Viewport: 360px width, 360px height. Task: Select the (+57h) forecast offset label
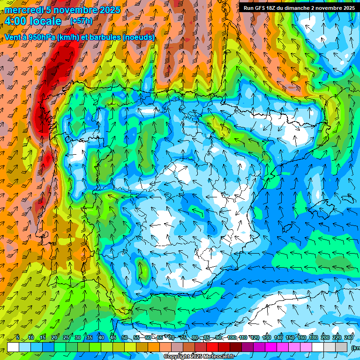tap(81, 21)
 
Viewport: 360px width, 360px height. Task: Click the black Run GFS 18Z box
tap(299, 8)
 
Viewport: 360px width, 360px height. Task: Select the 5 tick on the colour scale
tap(18, 337)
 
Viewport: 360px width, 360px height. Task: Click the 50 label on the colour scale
tap(124, 337)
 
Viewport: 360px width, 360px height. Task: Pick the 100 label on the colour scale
tap(232, 337)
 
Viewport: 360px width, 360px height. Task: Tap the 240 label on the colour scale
tap(349, 337)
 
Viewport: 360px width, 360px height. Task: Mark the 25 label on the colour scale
tap(66, 337)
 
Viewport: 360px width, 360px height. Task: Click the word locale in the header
tap(45, 21)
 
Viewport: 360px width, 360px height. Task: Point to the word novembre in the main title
tap(75, 10)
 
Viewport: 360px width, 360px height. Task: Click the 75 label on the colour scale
tap(183, 337)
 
